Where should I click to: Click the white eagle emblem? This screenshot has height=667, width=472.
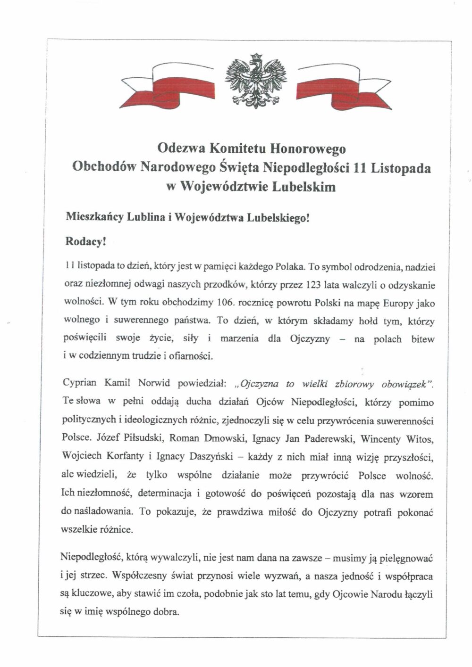[x=256, y=81]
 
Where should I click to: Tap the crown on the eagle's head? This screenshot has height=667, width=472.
[x=256, y=57]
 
